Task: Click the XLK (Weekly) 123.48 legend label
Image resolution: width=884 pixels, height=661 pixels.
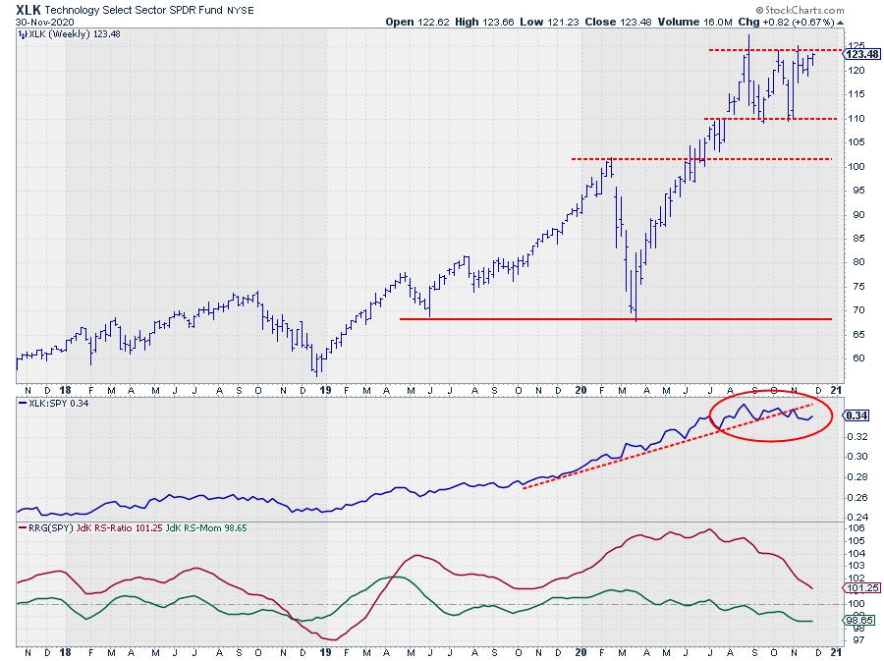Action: pyautogui.click(x=65, y=33)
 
